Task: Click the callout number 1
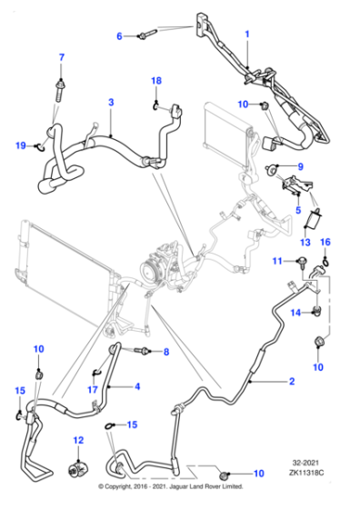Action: click(x=247, y=35)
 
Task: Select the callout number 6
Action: click(x=119, y=36)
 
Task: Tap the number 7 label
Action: click(x=61, y=57)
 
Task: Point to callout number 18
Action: click(x=156, y=81)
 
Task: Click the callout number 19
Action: click(x=21, y=145)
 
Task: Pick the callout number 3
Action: click(x=111, y=102)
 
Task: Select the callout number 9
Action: click(x=301, y=166)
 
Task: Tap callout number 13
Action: click(x=305, y=242)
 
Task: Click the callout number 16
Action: click(x=325, y=242)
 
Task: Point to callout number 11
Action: click(x=277, y=261)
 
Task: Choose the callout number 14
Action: click(x=295, y=313)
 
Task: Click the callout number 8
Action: click(x=166, y=352)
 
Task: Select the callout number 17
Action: click(x=93, y=389)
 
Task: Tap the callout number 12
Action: click(x=78, y=440)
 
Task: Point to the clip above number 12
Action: click(x=78, y=470)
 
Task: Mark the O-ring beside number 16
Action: click(x=325, y=260)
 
